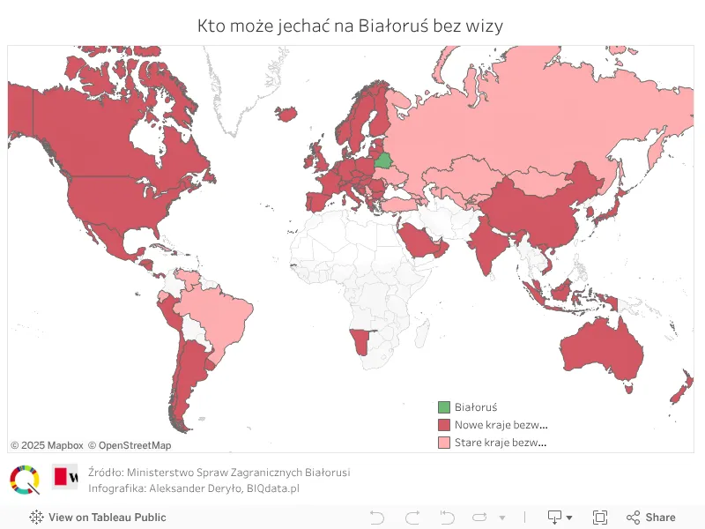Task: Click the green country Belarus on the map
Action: tap(383, 160)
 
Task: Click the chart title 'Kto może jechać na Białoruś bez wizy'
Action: tap(351, 26)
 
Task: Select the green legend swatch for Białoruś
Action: tap(444, 407)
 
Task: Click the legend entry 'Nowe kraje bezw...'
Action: tap(501, 425)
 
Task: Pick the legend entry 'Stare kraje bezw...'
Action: tap(501, 443)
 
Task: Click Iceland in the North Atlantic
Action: tap(286, 114)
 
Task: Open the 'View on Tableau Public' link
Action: tap(98, 518)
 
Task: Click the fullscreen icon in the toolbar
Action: tap(600, 518)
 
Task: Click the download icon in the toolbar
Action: tap(555, 518)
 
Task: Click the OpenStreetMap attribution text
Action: tap(130, 445)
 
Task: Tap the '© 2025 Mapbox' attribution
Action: tap(47, 445)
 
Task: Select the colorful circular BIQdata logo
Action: tap(25, 480)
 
